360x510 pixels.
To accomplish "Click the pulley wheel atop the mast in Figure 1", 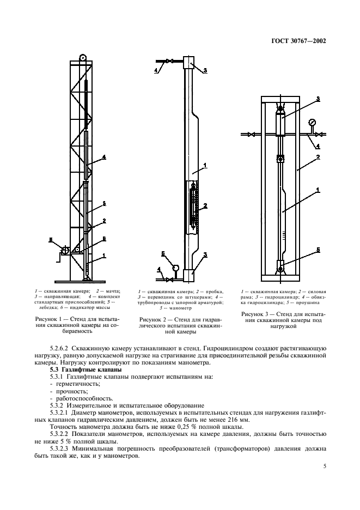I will click(x=83, y=57).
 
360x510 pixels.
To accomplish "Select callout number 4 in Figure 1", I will click(x=103, y=158).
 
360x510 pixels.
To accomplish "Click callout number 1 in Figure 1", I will click(x=103, y=255).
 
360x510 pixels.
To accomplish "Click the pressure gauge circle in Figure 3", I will click(x=312, y=123).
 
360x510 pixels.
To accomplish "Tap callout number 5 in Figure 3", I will click(x=318, y=250).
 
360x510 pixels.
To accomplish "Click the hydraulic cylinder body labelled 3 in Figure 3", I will click(x=282, y=124).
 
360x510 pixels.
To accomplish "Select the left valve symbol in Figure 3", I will click(x=252, y=134).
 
